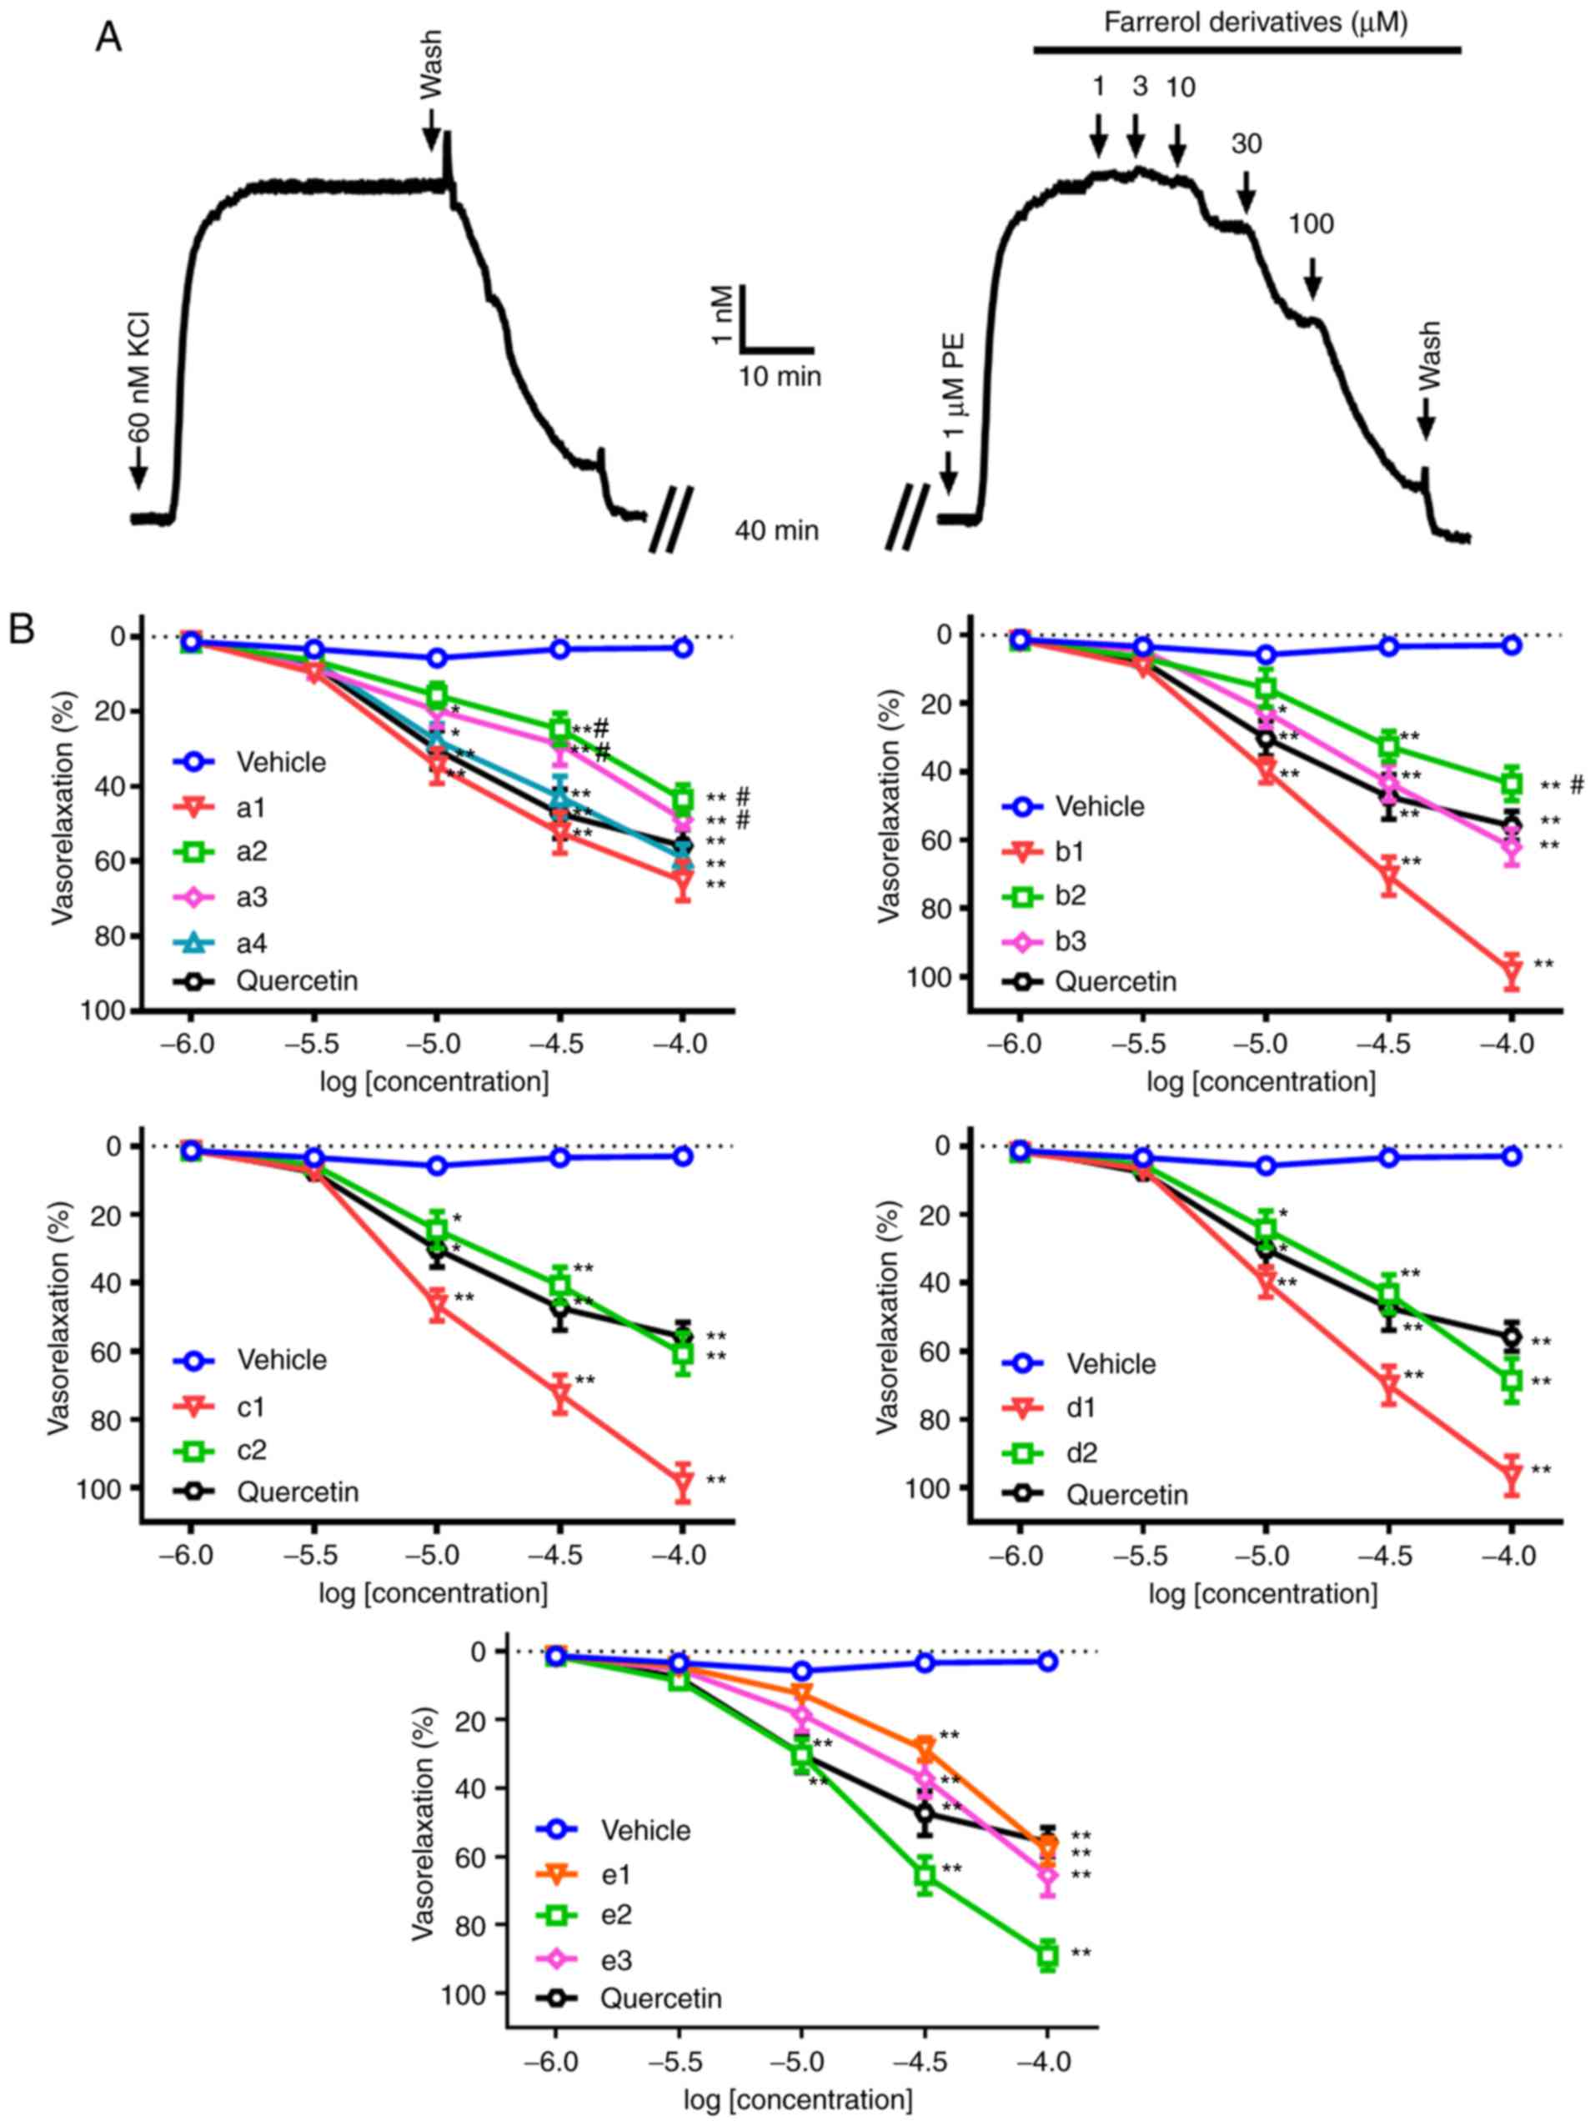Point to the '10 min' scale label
tap(780, 376)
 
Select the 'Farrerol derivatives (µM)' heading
tap(1255, 23)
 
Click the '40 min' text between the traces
tap(777, 529)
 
